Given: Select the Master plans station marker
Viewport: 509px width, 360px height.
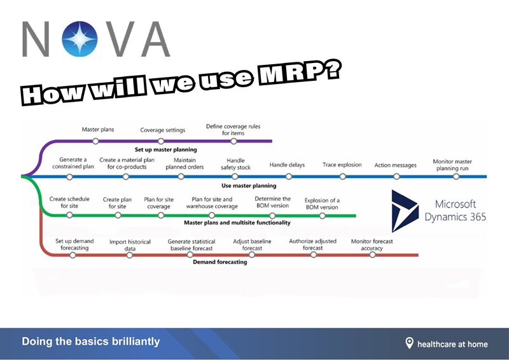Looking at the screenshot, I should tap(95, 141).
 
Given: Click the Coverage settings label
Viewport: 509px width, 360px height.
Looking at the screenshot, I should tap(163, 130).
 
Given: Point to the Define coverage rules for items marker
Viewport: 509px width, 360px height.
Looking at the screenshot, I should tap(234, 141).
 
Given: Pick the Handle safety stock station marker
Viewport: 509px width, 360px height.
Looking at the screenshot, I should tap(235, 176).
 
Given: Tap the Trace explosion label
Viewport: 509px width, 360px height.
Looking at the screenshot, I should tap(342, 165).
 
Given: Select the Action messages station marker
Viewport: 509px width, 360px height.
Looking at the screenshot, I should tap(396, 176).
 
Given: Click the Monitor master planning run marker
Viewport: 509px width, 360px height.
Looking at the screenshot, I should tap(456, 176).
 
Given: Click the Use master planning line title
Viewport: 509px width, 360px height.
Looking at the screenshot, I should tap(248, 186).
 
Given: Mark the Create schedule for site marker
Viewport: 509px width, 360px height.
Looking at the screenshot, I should tap(69, 215).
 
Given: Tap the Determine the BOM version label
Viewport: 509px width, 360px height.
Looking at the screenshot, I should tap(272, 202).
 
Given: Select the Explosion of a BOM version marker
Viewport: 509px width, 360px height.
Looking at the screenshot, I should tap(323, 215).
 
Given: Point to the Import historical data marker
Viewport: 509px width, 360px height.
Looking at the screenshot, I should tap(130, 254).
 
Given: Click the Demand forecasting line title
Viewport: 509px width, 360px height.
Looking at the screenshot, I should tap(220, 262).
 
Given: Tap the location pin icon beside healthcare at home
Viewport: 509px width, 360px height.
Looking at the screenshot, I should tap(409, 343).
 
